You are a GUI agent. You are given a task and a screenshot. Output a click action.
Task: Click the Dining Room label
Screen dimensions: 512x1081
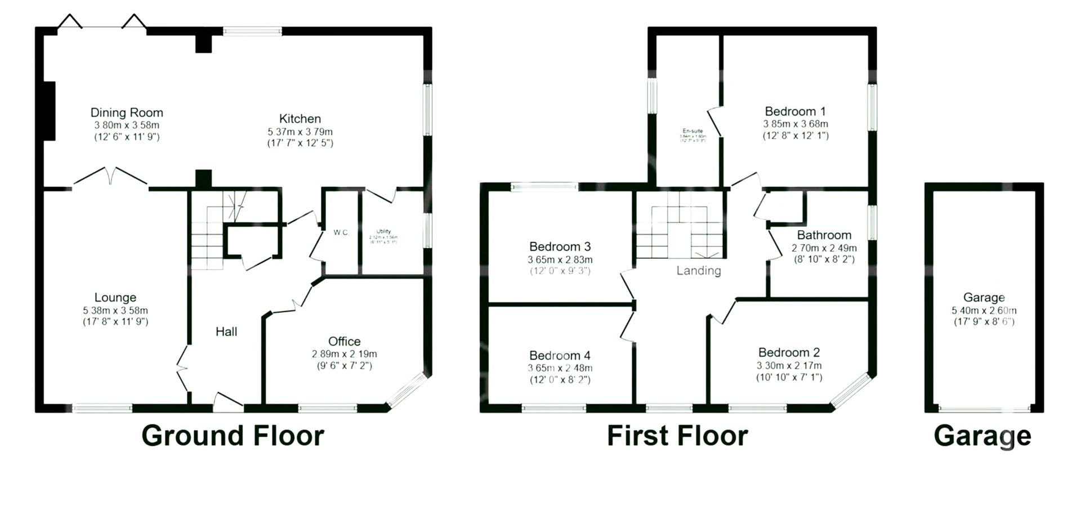pyautogui.click(x=127, y=113)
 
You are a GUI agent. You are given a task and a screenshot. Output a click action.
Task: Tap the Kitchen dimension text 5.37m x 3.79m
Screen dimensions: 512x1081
pyautogui.click(x=300, y=132)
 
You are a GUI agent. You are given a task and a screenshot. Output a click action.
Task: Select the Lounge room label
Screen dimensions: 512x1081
pyautogui.click(x=115, y=298)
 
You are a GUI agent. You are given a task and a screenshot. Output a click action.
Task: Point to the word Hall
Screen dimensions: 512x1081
pyautogui.click(x=226, y=332)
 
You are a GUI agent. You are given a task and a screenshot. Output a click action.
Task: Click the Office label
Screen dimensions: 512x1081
pyautogui.click(x=345, y=342)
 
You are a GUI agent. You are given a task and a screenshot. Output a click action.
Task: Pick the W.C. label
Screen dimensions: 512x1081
pyautogui.click(x=341, y=232)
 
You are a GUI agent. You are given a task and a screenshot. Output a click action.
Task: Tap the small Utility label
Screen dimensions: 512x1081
pyautogui.click(x=383, y=232)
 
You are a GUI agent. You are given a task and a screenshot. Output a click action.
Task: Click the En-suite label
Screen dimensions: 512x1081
pyautogui.click(x=693, y=131)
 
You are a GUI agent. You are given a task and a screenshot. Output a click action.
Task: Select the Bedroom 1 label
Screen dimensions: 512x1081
pyautogui.click(x=795, y=111)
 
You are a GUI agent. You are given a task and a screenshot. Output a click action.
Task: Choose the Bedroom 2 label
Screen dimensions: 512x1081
pyautogui.click(x=789, y=353)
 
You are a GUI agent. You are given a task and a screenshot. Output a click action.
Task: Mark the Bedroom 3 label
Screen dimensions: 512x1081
pyautogui.click(x=560, y=246)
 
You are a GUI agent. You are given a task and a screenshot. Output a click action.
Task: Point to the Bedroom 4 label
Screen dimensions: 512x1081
pyautogui.click(x=560, y=356)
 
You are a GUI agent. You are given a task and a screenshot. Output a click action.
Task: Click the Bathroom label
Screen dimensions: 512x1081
pyautogui.click(x=824, y=235)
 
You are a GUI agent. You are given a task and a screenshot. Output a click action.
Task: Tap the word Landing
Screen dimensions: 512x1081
pyautogui.click(x=698, y=271)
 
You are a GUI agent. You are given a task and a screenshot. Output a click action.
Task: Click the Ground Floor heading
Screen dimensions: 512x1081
pyautogui.click(x=233, y=436)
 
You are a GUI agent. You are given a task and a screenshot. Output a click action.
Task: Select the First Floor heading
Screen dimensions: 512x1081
pyautogui.click(x=677, y=436)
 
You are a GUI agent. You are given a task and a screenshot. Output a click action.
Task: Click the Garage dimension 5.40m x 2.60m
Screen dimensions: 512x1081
pyautogui.click(x=984, y=311)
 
